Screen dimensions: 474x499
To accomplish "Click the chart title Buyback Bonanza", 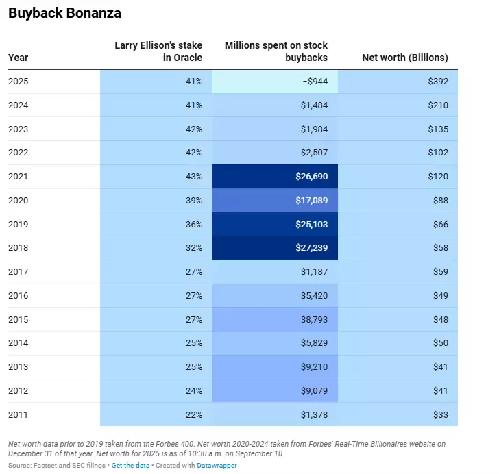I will (x=66, y=13).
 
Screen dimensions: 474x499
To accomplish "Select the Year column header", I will (x=19, y=58).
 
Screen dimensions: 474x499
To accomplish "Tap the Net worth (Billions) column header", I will (x=404, y=58).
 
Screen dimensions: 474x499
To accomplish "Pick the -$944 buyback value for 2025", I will (x=315, y=82).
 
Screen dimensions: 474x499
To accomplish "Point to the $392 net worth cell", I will (x=437, y=82).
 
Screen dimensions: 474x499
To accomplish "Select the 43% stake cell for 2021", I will (x=193, y=177).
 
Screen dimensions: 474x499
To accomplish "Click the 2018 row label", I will (x=19, y=248).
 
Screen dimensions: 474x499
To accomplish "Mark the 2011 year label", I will (x=19, y=414).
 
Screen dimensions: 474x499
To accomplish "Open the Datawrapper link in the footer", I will (x=217, y=466).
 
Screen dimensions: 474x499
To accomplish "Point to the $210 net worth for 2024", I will (x=437, y=105).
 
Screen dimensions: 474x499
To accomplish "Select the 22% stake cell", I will (x=193, y=414).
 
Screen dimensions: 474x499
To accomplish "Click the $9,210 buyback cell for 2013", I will (x=313, y=367).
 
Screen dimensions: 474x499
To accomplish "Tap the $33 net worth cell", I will (x=440, y=414).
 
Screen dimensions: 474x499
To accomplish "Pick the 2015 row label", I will (x=19, y=319).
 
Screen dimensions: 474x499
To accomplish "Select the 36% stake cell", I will (x=193, y=224).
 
